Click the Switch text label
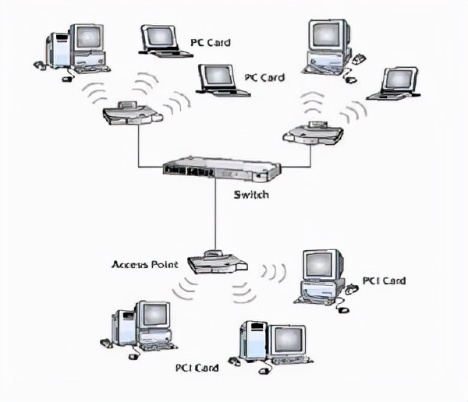click(251, 194)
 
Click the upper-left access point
click(132, 113)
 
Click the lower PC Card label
click(264, 77)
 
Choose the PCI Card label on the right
click(385, 280)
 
